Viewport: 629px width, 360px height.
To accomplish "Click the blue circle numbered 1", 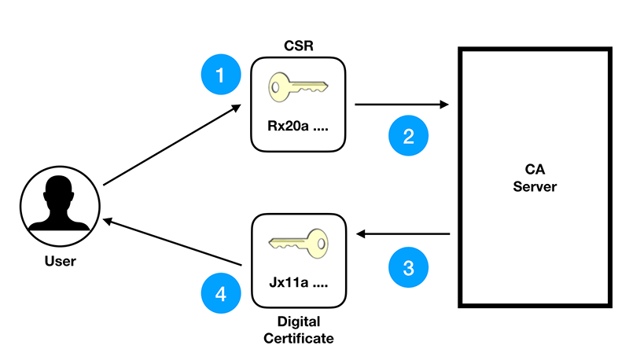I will point(220,75).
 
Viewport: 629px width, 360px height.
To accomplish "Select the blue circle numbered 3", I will point(409,267).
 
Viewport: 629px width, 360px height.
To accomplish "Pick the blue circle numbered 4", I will point(221,295).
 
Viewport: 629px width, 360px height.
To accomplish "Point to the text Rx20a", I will point(286,126).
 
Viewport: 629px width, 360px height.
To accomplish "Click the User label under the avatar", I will point(61,261).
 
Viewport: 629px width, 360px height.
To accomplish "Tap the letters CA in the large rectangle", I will point(535,170).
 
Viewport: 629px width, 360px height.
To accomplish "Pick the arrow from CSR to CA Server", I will point(401,104).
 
